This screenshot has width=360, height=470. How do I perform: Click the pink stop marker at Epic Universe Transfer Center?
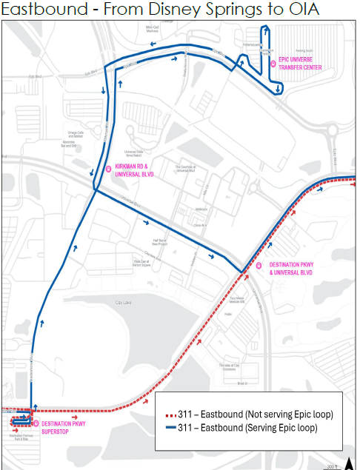(x=273, y=64)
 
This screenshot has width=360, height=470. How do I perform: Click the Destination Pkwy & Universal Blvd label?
(x=291, y=268)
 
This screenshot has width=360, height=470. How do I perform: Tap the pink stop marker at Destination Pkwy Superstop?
(x=36, y=423)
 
